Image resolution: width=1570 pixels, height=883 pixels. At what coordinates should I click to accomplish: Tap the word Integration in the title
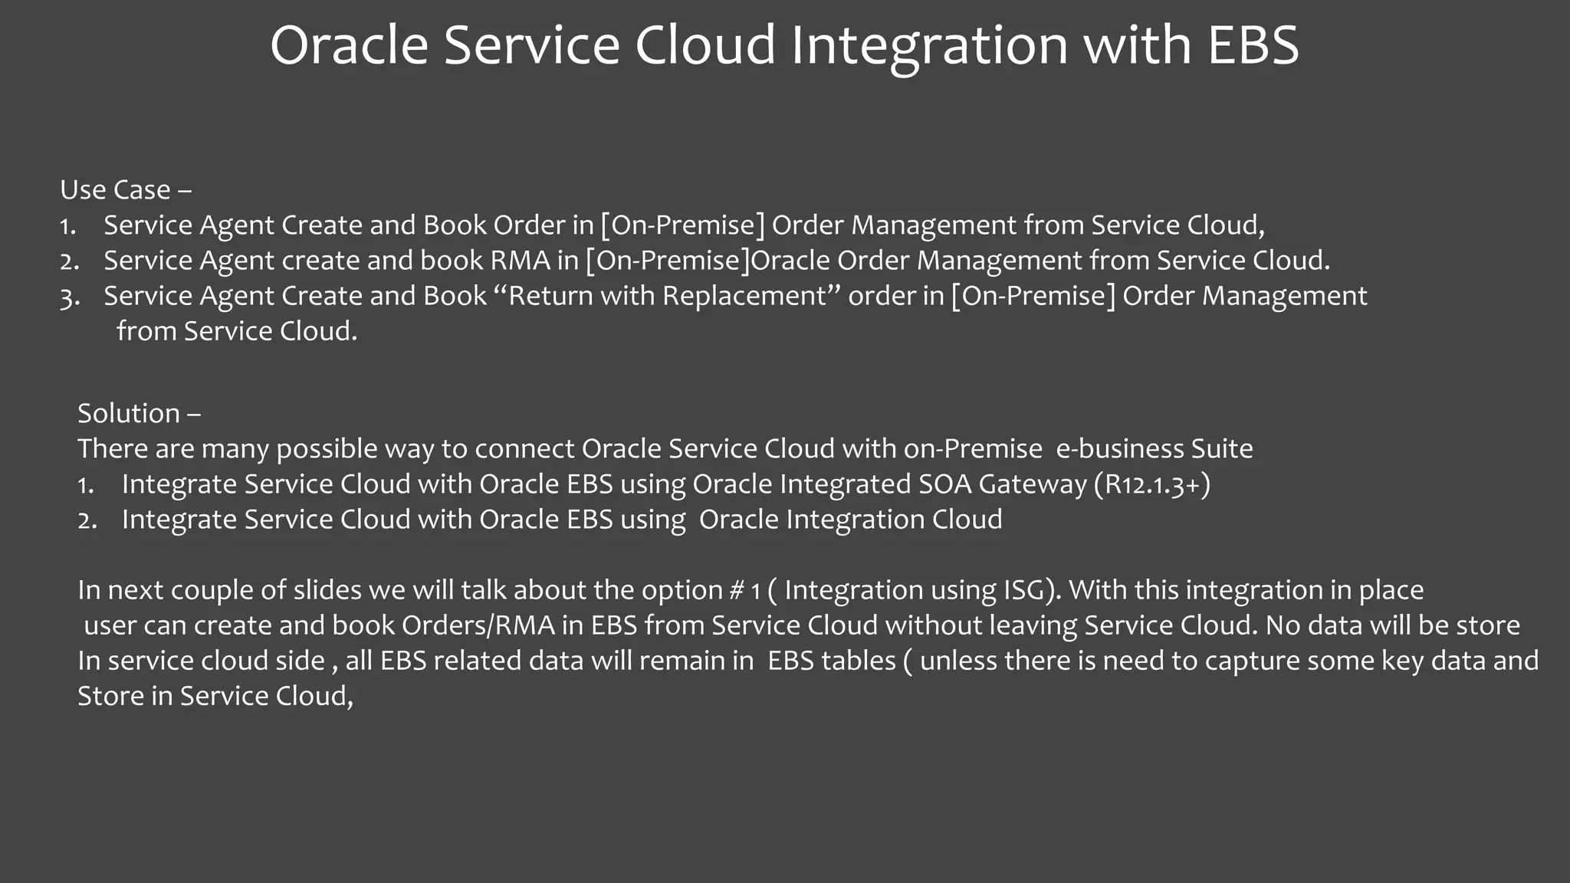[x=929, y=46]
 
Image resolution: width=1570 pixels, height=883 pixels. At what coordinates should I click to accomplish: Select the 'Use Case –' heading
[x=126, y=190]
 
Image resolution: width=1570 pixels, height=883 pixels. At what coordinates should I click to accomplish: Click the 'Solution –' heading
[x=139, y=414]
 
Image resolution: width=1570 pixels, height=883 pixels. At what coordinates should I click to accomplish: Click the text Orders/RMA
[x=478, y=625]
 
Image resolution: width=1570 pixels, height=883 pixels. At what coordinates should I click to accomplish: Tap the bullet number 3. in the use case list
[x=70, y=297]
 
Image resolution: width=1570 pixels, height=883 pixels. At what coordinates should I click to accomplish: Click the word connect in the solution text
[x=524, y=449]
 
